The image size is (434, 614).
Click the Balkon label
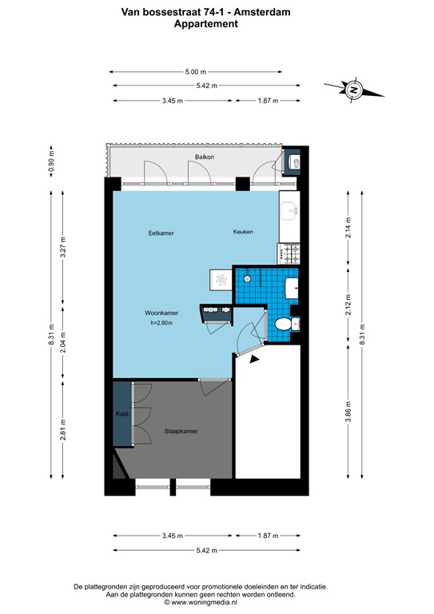(204, 157)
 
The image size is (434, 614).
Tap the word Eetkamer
(161, 233)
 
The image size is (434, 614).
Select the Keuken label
(243, 232)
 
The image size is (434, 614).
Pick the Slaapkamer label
(181, 430)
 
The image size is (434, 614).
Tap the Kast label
(121, 414)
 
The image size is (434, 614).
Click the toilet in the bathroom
(282, 325)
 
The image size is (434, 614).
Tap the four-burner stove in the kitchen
(289, 253)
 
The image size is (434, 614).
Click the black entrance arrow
(254, 360)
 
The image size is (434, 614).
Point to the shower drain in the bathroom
(249, 278)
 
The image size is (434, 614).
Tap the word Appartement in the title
(205, 24)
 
